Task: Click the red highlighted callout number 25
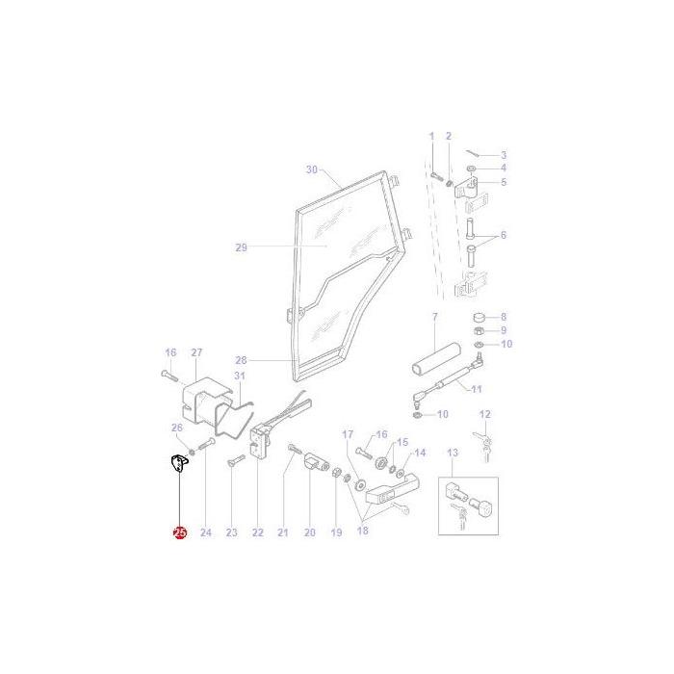coord(179,531)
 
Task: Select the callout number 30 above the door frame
coord(311,169)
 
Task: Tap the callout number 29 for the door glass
coord(241,247)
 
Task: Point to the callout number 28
coord(241,359)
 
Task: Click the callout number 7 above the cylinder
coord(434,317)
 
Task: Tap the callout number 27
coord(196,352)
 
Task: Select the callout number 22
coord(257,531)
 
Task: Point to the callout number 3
coord(503,155)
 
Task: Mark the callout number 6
coord(503,236)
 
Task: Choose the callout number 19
coord(336,531)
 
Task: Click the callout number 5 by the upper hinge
coord(503,182)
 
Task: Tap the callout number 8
coord(503,317)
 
